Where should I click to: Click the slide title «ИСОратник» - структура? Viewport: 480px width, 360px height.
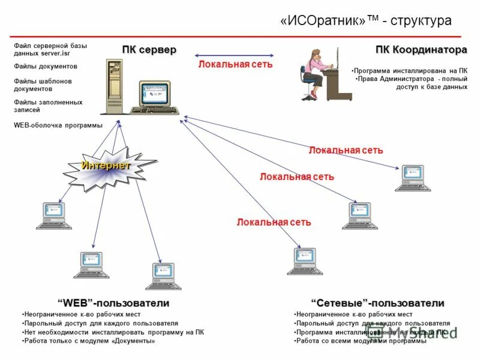[365, 21]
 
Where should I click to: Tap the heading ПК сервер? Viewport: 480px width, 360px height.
[149, 49]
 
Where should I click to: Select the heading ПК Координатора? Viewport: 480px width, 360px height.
[421, 49]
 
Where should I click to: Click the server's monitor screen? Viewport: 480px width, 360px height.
[155, 94]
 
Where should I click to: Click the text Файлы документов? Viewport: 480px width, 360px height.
[46, 67]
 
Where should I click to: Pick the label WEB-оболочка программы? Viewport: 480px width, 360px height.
[58, 125]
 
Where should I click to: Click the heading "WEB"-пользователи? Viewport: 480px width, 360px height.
[113, 303]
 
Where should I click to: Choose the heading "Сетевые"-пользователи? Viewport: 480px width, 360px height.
[377, 303]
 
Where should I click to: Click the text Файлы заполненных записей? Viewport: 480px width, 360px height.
[48, 106]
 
